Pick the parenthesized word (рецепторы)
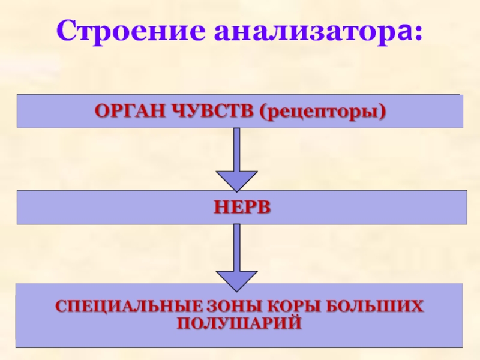[x=322, y=112]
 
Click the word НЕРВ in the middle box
[x=241, y=207]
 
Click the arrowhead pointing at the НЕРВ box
[x=236, y=181]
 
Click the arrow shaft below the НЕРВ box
[x=236, y=246]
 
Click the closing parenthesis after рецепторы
[x=382, y=112]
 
